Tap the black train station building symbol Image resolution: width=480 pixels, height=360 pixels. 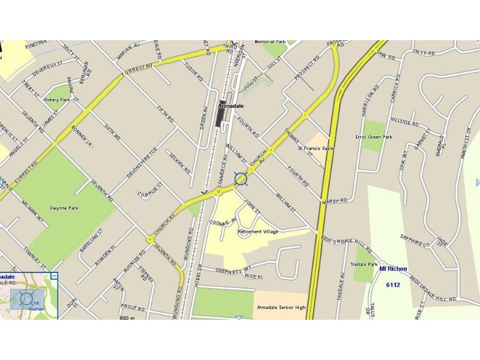pyautogui.click(x=221, y=114)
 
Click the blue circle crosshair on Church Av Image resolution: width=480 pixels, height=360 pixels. pyautogui.click(x=241, y=179)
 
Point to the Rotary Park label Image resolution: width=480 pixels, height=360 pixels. pyautogui.click(x=58, y=100)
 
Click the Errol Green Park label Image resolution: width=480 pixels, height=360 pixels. pyautogui.click(x=373, y=137)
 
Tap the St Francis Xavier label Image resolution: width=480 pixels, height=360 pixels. pyautogui.click(x=317, y=148)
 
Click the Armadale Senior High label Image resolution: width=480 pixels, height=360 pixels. pyautogui.click(x=281, y=308)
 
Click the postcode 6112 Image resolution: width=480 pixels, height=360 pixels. pyautogui.click(x=393, y=284)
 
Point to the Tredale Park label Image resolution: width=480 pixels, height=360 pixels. pyautogui.click(x=364, y=265)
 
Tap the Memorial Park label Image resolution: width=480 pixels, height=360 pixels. pyautogui.click(x=270, y=42)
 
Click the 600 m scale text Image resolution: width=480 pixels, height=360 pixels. pyautogui.click(x=128, y=317)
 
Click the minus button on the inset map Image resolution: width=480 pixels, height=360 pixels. pyautogui.click(x=54, y=276)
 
